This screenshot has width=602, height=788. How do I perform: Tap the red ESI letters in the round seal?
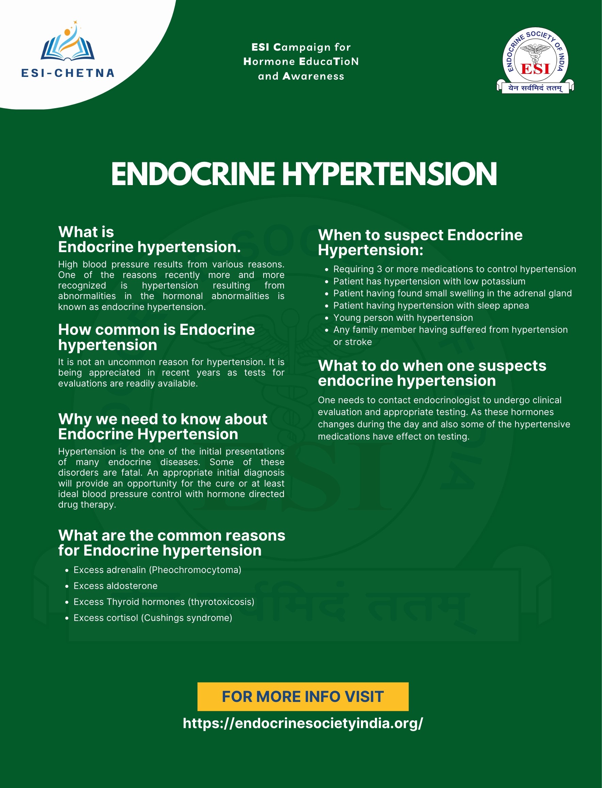pyautogui.click(x=535, y=68)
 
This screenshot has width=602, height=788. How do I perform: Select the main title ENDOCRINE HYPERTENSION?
pyautogui.click(x=304, y=174)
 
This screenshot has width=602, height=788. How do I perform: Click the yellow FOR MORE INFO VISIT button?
pyautogui.click(x=303, y=696)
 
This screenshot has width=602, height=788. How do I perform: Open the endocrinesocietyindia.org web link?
pyautogui.click(x=303, y=723)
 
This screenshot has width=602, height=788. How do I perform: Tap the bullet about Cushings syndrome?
pyautogui.click(x=153, y=618)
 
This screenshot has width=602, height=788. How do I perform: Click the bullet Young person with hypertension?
pyautogui.click(x=403, y=317)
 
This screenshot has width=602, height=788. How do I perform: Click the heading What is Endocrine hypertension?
pyautogui.click(x=149, y=240)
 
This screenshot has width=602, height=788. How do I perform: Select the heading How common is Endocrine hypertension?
pyautogui.click(x=156, y=337)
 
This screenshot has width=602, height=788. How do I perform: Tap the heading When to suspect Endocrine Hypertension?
pyautogui.click(x=420, y=242)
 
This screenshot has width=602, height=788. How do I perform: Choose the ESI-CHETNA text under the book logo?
pyautogui.click(x=68, y=73)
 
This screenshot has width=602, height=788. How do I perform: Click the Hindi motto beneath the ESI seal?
pyautogui.click(x=535, y=88)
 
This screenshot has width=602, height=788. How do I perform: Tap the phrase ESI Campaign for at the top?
pyautogui.click(x=301, y=47)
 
